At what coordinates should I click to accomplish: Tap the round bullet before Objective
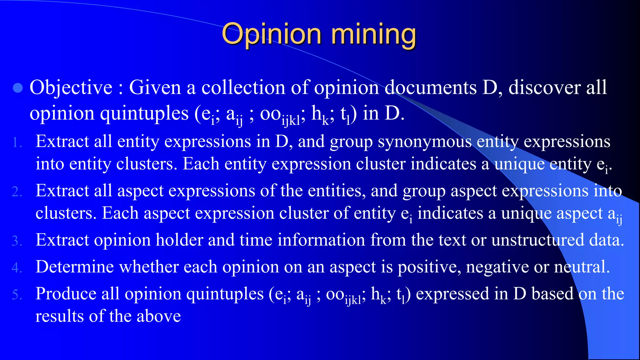click(18, 88)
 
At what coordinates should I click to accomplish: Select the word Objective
click(71, 88)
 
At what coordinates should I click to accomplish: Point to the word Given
click(155, 87)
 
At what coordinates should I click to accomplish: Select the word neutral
click(582, 267)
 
